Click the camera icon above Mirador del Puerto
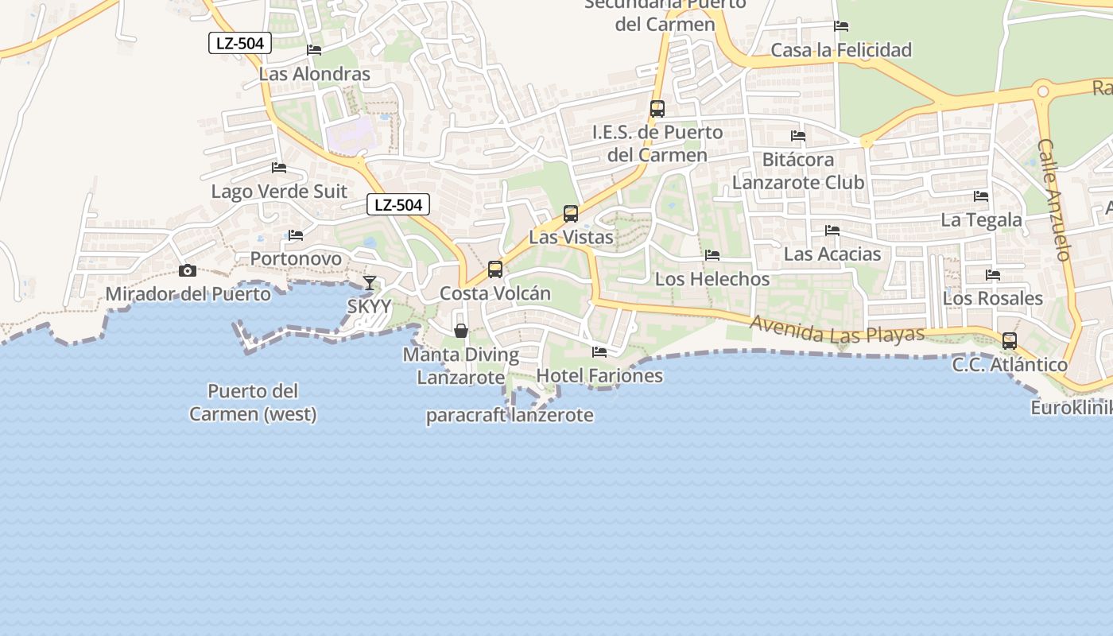(x=188, y=271)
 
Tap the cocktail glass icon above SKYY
(x=370, y=282)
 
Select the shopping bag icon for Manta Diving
(x=460, y=331)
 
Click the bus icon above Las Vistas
(x=570, y=213)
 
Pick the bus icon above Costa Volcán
(x=495, y=270)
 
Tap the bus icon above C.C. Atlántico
(x=1010, y=341)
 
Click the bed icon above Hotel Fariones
(x=599, y=351)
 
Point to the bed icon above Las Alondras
(x=314, y=50)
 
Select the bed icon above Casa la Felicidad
(x=841, y=26)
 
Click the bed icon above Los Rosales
(x=993, y=275)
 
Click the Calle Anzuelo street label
(x=1055, y=200)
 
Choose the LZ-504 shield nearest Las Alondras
(x=240, y=43)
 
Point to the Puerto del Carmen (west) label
(x=253, y=402)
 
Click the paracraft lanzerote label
(x=510, y=415)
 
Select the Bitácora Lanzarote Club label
(x=798, y=171)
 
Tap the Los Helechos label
(x=712, y=279)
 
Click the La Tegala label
(x=981, y=219)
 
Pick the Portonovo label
(x=296, y=258)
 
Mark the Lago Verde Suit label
(x=279, y=192)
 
